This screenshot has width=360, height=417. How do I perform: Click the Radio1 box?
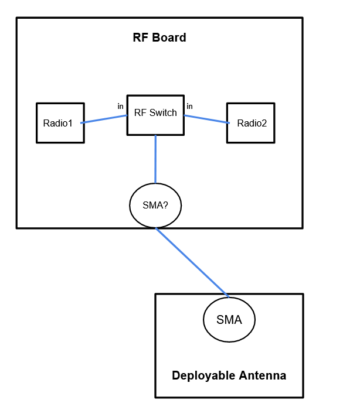coord(60,123)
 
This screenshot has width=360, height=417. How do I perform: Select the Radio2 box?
coord(251,123)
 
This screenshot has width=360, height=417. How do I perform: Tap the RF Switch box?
coord(155,115)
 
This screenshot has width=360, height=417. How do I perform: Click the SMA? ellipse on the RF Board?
coord(155,206)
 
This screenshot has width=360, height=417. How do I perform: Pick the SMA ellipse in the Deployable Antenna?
coord(229,320)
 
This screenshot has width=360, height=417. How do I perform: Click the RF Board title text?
coord(159,38)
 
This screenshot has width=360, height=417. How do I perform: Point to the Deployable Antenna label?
coord(229,375)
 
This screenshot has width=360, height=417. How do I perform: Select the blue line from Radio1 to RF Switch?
coord(104,119)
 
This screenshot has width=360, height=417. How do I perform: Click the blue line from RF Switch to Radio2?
coord(206,119)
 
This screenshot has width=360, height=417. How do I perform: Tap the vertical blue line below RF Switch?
coord(155,159)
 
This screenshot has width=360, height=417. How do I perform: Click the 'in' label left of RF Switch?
coord(120,107)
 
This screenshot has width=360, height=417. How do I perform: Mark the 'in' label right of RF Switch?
coord(189,107)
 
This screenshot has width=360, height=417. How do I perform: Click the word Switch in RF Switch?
coord(164,113)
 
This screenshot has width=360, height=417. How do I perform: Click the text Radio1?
coord(57,124)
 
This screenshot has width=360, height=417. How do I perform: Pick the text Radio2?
coord(252,124)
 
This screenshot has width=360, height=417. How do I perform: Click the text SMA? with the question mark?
coord(155,206)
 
